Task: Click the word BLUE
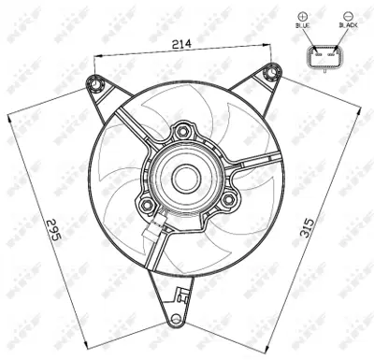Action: pyautogui.click(x=302, y=27)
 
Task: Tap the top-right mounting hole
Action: pyautogui.click(x=270, y=71)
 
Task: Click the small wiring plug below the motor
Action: pyautogui.click(x=152, y=231)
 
